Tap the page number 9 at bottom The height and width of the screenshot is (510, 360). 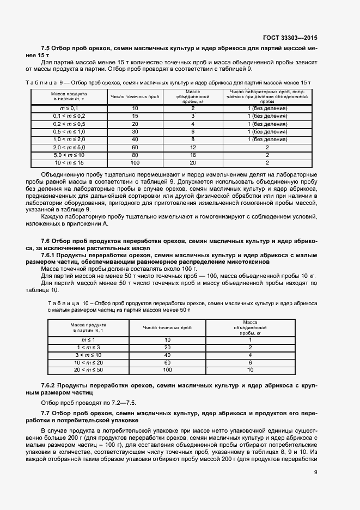tap(315, 473)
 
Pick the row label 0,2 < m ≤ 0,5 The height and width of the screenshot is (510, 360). tap(69, 124)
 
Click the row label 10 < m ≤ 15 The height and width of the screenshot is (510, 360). tap(69, 162)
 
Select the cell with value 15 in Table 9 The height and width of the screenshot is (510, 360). tap(135, 117)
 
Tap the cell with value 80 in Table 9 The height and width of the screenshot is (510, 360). tap(135, 155)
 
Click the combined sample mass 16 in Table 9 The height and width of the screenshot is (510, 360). tap(193, 155)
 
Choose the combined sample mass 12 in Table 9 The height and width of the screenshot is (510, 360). tap(193, 147)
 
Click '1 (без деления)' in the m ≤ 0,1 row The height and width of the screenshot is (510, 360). tap(267, 109)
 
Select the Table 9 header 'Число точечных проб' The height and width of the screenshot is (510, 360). tap(135, 96)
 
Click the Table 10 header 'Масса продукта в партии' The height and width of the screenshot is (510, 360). tap(88, 327)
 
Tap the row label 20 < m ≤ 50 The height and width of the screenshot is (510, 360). tap(88, 369)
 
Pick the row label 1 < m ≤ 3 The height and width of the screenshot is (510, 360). tap(88, 347)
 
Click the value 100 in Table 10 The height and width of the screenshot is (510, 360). tap(167, 369)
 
